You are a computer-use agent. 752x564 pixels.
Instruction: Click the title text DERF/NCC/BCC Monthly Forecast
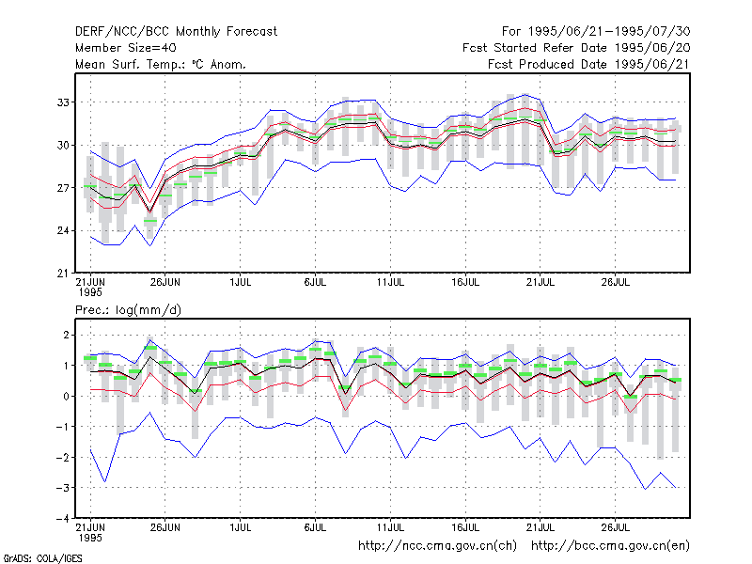click(x=176, y=32)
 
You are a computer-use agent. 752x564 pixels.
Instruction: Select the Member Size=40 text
click(x=126, y=48)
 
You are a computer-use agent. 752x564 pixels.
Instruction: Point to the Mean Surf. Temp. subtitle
click(x=161, y=64)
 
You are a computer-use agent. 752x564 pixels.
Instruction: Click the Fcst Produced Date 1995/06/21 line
click(x=588, y=64)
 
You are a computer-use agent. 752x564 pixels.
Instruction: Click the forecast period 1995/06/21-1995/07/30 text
click(x=609, y=32)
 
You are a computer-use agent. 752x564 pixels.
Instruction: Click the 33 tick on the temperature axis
click(x=63, y=102)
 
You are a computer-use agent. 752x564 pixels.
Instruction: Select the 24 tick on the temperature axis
click(x=63, y=230)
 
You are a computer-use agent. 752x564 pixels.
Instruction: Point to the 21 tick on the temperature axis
click(x=63, y=274)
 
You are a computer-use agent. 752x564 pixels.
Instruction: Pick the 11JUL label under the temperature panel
click(x=390, y=283)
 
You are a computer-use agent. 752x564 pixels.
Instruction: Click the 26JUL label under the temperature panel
click(x=616, y=283)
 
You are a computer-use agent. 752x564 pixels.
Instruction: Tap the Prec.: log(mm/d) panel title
click(x=128, y=310)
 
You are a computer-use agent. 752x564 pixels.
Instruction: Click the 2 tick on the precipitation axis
click(x=66, y=335)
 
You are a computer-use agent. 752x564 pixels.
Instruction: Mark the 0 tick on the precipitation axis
click(x=66, y=396)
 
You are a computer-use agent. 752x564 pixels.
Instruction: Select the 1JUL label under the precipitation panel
click(x=241, y=527)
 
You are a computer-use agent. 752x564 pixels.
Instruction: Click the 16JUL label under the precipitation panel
click(x=465, y=527)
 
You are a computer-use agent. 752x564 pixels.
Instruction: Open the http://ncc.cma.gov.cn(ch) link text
click(x=437, y=546)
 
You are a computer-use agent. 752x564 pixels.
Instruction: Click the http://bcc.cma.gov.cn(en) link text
click(x=610, y=546)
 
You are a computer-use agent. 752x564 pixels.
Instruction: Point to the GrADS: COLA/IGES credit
click(x=42, y=558)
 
